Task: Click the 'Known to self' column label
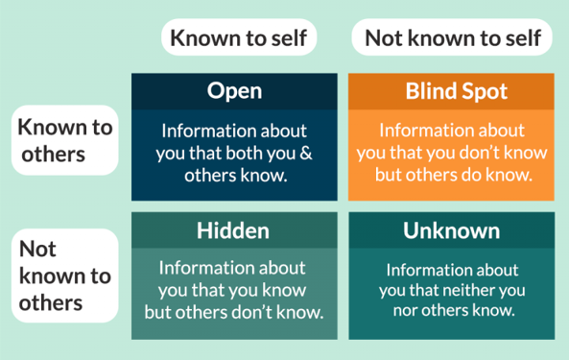pos(239,37)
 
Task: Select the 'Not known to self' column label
pos(453,37)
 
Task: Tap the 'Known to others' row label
pos(65,141)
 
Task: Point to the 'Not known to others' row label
pos(65,276)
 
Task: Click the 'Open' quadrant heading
pos(234,91)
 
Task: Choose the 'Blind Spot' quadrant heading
pos(456,91)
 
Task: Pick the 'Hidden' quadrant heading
pos(233,230)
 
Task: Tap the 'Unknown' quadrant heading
pos(451,230)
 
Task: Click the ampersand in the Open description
pos(306,154)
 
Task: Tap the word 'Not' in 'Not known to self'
pos(385,38)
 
